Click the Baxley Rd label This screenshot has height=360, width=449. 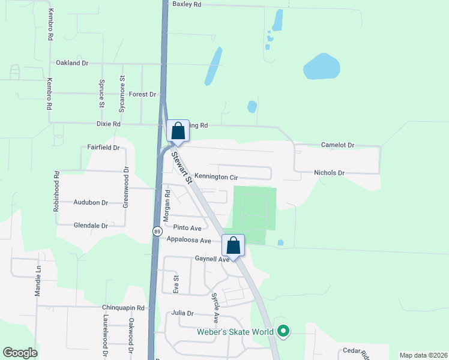187,4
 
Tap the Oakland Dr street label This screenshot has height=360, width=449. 72,62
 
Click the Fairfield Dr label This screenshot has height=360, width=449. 103,147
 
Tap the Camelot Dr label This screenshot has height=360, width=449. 338,145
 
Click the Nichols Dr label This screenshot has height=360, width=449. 329,173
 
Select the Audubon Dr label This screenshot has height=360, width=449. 91,203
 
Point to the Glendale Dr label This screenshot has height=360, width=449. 91,226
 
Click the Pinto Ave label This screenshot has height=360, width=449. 187,228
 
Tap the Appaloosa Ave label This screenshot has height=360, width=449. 189,240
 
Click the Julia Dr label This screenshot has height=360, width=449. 182,313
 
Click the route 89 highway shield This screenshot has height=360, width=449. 157,231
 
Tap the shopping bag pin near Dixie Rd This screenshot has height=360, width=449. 178,130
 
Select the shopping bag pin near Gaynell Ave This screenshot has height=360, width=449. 234,245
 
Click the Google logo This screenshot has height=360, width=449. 20,353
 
